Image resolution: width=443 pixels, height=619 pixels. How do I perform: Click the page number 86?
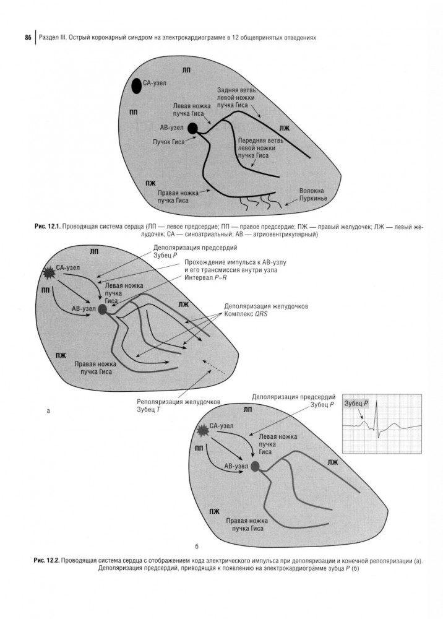28,38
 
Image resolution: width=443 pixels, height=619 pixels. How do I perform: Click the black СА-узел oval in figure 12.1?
136,85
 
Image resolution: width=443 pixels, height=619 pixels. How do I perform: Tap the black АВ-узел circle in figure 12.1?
192,128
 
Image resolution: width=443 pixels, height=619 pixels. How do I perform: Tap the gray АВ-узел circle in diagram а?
102,308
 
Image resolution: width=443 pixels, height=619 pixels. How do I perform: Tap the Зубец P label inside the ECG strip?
356,404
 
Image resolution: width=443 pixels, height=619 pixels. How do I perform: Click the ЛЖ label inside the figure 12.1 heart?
285,129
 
